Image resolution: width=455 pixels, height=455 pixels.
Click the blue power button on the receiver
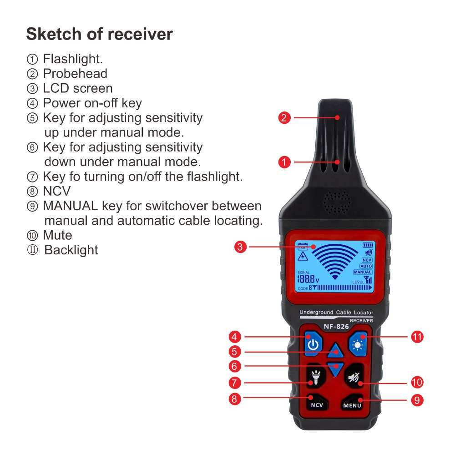pyautogui.click(x=312, y=345)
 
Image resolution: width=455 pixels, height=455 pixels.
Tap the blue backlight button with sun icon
pyautogui.click(x=358, y=345)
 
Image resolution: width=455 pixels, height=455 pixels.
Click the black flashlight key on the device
pyautogui.click(x=315, y=376)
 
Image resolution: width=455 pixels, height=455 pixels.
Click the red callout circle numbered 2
pyautogui.click(x=284, y=118)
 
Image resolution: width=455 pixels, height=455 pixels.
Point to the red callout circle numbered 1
pyautogui.click(x=284, y=162)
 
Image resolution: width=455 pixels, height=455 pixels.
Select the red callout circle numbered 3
pyautogui.click(x=241, y=247)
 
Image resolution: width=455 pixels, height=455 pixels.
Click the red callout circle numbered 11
pyautogui.click(x=417, y=337)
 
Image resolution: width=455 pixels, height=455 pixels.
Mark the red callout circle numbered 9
pyautogui.click(x=417, y=400)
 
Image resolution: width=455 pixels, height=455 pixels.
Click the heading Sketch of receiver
pyautogui.click(x=99, y=34)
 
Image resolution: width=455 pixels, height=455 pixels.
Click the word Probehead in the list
pyautogui.click(x=75, y=74)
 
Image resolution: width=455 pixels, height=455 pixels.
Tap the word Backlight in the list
pyautogui.click(x=71, y=250)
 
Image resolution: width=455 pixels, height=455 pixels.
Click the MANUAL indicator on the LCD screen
pyautogui.click(x=363, y=272)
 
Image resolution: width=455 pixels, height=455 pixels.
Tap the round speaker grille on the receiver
pyautogui.click(x=337, y=202)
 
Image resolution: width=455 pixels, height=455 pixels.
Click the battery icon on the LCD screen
pyautogui.click(x=367, y=245)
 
